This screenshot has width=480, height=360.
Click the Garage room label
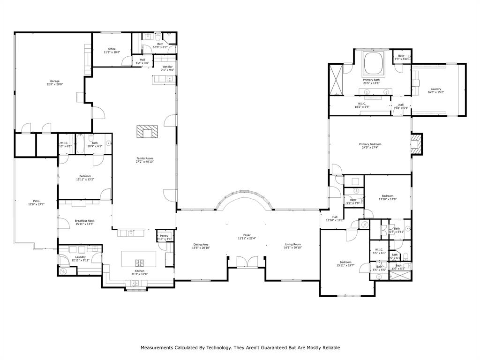(x=52, y=81)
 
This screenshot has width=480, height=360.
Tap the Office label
(x=112, y=49)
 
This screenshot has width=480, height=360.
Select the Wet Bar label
(x=168, y=67)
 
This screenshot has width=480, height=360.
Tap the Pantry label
(x=164, y=236)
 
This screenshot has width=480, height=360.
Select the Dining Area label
(x=201, y=244)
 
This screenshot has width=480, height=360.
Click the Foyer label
(x=247, y=235)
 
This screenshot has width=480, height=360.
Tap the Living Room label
(x=293, y=244)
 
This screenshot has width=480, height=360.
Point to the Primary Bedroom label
(x=370, y=144)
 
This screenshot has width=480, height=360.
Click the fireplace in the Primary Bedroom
(x=416, y=143)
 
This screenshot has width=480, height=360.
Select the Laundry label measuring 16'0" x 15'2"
(x=435, y=89)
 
